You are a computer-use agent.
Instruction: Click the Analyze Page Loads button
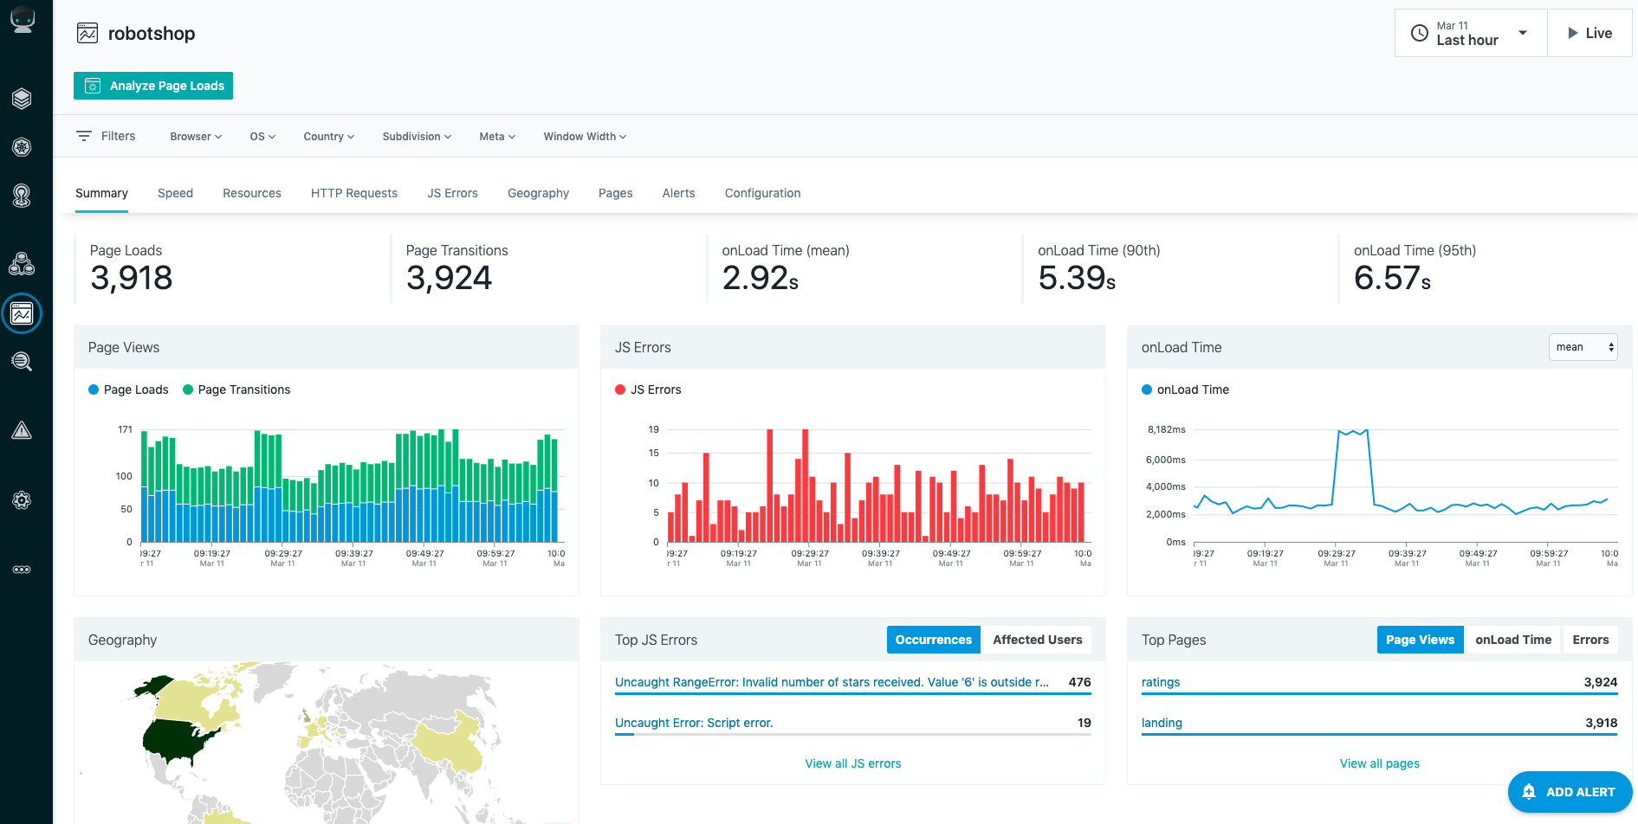[x=153, y=86]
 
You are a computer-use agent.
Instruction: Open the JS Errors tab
[x=452, y=193]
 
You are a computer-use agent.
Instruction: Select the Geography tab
[x=538, y=193]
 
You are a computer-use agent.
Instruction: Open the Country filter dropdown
[x=329, y=137]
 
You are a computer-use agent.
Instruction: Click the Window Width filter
[x=585, y=137]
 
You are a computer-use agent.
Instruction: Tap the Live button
[x=1589, y=33]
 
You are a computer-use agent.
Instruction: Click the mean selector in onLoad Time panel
[x=1583, y=347]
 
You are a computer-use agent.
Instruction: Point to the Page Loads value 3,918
[x=132, y=278]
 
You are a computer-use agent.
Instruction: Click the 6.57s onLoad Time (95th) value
[x=1392, y=278]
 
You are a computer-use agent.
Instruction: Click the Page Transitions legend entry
[x=236, y=389]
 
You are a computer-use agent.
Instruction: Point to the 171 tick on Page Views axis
[x=126, y=429]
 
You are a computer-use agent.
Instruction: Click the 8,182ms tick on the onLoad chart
[x=1167, y=429]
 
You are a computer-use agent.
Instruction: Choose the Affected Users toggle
[x=1037, y=640]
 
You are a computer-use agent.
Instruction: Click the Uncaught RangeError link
[x=832, y=682]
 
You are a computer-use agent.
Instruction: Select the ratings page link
[x=1161, y=682]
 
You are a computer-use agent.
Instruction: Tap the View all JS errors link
[x=853, y=763]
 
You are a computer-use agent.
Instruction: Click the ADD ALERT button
[x=1570, y=792]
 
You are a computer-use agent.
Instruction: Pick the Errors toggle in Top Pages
[x=1590, y=640]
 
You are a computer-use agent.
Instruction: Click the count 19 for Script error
[x=1084, y=723]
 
